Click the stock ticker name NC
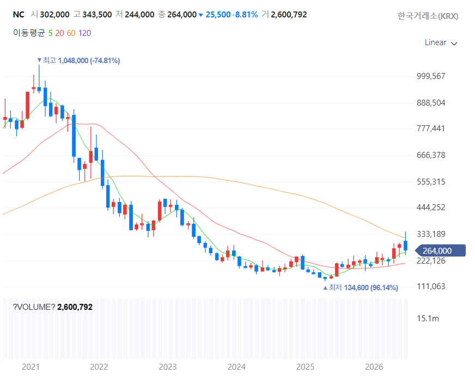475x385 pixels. [19, 15]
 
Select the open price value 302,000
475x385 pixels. [54, 15]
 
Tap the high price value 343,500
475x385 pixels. [97, 15]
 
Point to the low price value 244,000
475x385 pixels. [139, 15]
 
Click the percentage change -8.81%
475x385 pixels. [245, 15]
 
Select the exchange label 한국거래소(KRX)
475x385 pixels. [428, 16]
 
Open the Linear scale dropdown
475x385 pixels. [441, 42]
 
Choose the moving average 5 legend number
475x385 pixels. [50, 33]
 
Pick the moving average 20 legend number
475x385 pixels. [59, 33]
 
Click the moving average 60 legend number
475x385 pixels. [71, 33]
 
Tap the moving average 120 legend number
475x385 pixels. [84, 33]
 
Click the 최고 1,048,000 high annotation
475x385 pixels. [79, 60]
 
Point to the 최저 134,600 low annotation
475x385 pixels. [361, 288]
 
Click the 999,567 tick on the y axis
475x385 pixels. [431, 76]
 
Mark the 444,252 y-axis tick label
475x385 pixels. [431, 207]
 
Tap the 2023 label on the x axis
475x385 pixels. [168, 367]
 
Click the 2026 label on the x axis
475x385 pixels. [374, 367]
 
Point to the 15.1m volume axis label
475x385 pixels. [428, 319]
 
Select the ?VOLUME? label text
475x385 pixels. [34, 307]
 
